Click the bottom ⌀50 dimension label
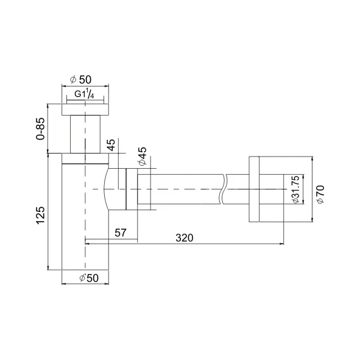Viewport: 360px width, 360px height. point(85,279)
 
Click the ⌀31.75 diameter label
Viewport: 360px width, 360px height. point(295,190)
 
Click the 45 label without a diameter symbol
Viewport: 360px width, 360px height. point(111,146)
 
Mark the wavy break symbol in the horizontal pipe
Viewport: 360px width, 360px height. point(224,189)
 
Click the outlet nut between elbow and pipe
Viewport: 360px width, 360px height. point(132,189)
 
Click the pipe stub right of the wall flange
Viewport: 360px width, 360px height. point(272,189)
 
